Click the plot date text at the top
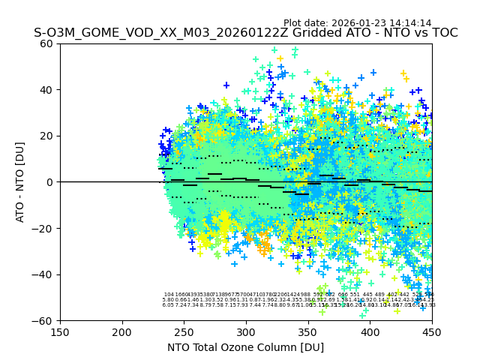357,23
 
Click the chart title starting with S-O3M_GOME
245,34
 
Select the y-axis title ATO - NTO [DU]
20,181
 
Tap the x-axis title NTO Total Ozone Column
245,347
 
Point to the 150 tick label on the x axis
60,332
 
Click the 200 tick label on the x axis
122,332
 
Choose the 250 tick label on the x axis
184,332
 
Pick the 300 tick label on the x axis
246,332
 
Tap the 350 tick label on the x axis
307,332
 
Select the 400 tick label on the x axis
370,332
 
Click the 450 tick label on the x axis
431,332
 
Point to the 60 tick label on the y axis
47,43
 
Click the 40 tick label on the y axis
47,90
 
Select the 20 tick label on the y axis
47,136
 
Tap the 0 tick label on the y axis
50,182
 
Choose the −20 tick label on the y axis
43,228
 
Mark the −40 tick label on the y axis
43,274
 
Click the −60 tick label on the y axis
43,320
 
